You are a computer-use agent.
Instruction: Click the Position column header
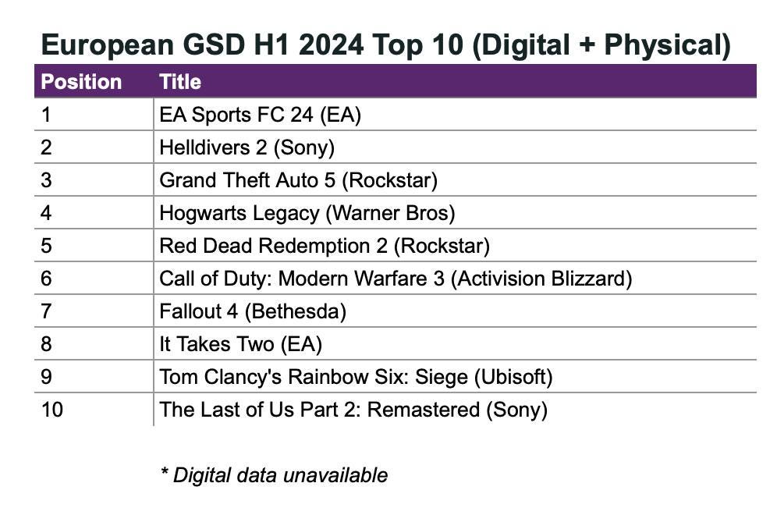point(81,82)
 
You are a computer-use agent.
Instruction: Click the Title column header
point(180,82)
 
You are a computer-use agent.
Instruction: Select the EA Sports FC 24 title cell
point(261,115)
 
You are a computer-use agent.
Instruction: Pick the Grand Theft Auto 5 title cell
point(298,180)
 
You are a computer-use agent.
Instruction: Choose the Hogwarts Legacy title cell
point(307,213)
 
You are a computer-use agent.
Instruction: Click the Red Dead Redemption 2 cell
point(325,246)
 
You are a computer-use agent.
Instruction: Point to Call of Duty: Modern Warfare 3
point(396,279)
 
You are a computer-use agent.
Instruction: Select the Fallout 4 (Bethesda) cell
point(253,311)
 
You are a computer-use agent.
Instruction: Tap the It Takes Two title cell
point(240,344)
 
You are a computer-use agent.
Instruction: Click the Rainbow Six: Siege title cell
point(356,377)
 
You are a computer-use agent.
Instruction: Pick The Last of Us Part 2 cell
point(353,410)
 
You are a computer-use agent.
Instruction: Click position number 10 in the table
point(52,410)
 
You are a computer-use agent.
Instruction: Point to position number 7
point(46,311)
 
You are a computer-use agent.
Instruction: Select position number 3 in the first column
point(46,180)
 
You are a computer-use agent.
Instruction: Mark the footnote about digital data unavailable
point(273,474)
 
